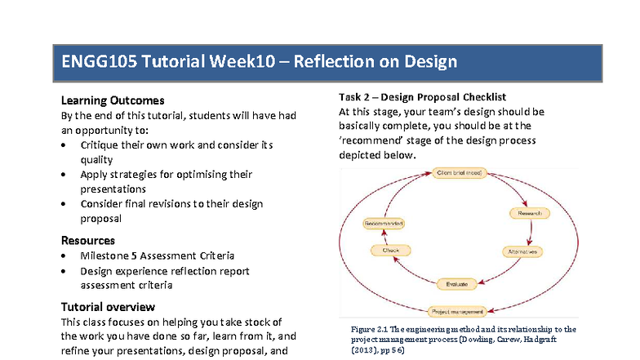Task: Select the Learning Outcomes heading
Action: point(113,100)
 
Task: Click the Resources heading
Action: point(88,240)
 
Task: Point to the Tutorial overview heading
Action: point(108,307)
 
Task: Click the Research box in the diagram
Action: point(525,213)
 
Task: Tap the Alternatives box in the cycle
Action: point(524,251)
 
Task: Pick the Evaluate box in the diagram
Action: point(457,283)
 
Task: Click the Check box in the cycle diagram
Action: point(390,251)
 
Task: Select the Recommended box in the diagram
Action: point(384,223)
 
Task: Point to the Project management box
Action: point(457,310)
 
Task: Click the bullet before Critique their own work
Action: point(65,145)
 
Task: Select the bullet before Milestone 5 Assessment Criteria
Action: point(65,256)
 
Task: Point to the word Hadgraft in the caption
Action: point(558,338)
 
